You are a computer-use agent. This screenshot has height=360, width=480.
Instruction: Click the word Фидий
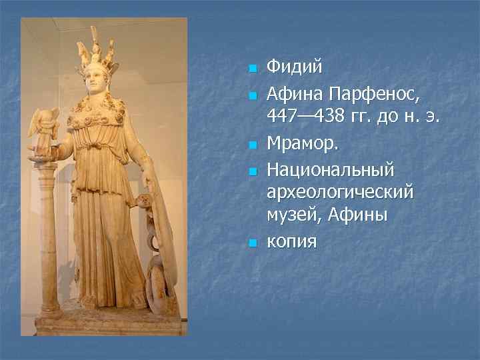pos(294,67)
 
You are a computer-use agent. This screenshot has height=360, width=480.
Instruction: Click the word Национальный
pos(331,169)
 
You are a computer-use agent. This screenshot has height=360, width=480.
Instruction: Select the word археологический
pos(340,193)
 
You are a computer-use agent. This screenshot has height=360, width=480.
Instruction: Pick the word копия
pos(292,240)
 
